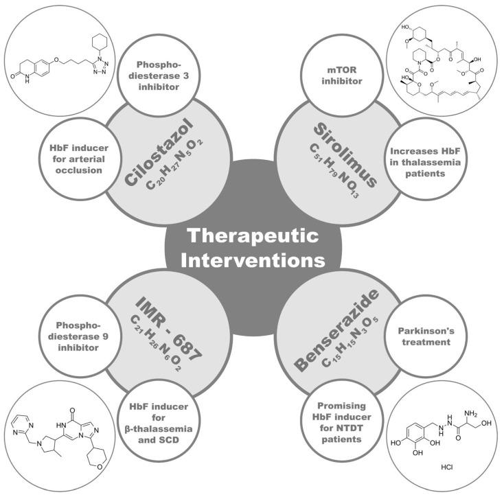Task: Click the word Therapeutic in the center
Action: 252,234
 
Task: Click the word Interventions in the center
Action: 252,261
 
